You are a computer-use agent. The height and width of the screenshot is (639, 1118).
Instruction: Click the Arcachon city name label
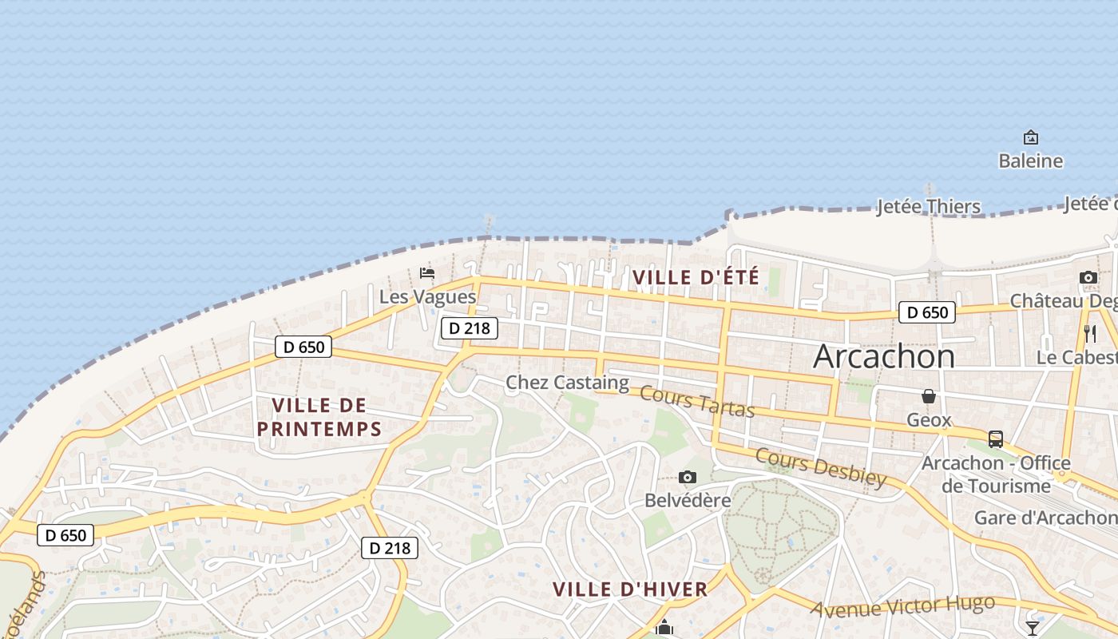pos(883,356)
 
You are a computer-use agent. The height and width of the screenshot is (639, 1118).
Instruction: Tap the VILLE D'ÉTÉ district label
pos(696,278)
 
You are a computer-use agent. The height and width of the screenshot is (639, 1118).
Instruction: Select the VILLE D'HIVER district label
pos(630,589)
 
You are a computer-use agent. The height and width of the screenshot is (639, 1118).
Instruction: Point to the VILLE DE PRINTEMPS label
pos(319,417)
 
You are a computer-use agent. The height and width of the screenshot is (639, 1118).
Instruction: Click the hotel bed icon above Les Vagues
pos(427,273)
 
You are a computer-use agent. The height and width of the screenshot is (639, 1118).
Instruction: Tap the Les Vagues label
pos(427,297)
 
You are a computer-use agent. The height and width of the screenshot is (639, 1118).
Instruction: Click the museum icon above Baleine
pos(1030,137)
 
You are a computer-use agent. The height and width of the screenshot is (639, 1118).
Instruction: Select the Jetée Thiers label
pos(928,207)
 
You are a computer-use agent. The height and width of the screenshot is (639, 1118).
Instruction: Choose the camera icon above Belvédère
pos(687,478)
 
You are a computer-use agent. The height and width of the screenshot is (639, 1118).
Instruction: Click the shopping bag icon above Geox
pos(929,396)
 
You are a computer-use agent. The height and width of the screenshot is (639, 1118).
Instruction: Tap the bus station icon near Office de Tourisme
pos(995,439)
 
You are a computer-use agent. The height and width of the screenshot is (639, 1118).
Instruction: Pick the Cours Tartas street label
pos(697,401)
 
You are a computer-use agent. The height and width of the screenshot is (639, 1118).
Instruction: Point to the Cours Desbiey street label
pos(820,467)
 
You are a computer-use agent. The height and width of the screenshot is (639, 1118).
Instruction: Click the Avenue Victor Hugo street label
pos(902,606)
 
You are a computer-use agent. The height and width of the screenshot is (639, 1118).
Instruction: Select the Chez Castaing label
pos(567,383)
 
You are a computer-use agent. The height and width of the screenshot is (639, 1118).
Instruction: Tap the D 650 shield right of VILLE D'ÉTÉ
pos(927,312)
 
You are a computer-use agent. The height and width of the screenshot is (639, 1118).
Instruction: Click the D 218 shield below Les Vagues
pos(469,327)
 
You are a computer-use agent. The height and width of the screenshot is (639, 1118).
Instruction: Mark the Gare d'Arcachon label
pos(1045,518)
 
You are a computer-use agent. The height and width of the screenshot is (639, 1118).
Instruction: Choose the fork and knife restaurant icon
pos(1090,333)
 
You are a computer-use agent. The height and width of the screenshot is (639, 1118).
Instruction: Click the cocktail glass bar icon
pos(1033,628)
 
